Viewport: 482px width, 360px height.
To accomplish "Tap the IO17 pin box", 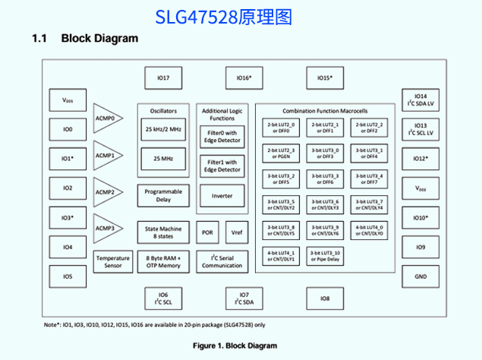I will pos(163,78).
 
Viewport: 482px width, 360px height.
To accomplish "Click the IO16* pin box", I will pos(244,78).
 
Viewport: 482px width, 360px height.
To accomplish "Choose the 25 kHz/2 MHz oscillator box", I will pos(162,130).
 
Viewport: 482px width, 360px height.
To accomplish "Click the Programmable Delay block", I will pos(162,196).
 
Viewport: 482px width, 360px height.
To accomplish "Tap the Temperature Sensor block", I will pos(112,262).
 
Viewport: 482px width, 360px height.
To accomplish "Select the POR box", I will pos(207,232).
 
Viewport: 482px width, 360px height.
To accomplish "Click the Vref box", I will pos(237,232).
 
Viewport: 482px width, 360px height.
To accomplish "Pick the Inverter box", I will pos(222,196).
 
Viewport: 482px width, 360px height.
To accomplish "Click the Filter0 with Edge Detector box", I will pos(222,137).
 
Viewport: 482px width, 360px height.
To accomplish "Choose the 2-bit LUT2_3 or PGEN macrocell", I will pos(281,153).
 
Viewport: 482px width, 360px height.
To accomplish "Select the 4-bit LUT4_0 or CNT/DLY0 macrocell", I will pos(370,230).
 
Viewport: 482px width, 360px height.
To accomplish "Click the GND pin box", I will pos(421,276).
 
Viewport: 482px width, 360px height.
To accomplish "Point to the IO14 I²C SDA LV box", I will pos(421,100).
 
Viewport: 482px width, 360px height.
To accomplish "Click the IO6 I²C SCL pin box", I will pos(163,298).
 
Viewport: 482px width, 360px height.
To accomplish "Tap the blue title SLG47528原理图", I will pos(223,17).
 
